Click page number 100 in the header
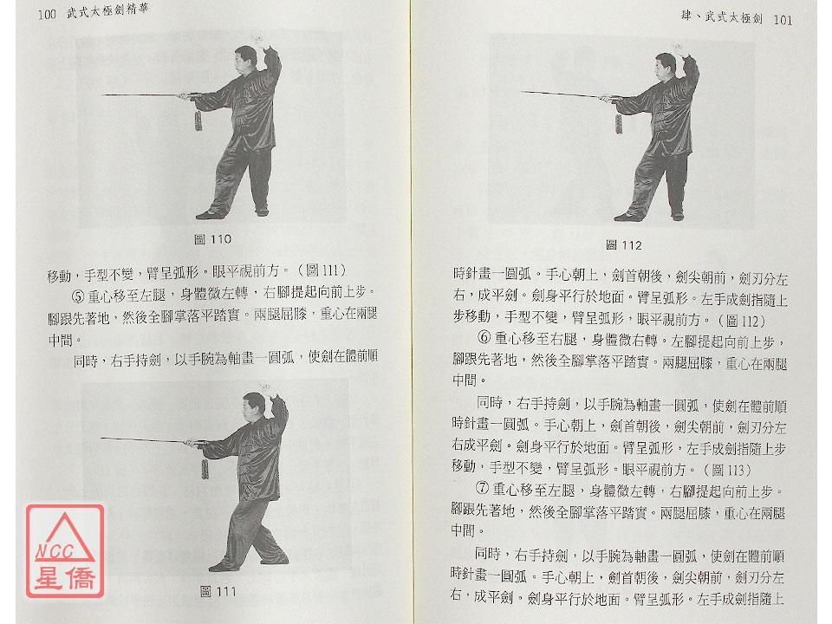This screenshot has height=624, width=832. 47,15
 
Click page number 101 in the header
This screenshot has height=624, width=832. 783,20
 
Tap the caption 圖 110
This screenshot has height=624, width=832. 213,239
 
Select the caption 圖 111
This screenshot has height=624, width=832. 218,592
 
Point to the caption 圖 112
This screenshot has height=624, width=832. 624,245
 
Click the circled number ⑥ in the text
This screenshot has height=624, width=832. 484,338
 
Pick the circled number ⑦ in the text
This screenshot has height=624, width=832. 483,489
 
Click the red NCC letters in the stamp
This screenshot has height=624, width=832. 54,552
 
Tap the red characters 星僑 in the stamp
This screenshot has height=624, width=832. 65,578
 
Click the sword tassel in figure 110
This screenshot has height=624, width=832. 198,119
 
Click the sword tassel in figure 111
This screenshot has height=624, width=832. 205,468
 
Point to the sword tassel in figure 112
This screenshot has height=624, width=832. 618,123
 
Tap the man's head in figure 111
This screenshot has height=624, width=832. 254,405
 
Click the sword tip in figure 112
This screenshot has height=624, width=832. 521,92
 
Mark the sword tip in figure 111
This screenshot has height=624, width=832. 101,439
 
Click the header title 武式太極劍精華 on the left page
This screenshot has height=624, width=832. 107,11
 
